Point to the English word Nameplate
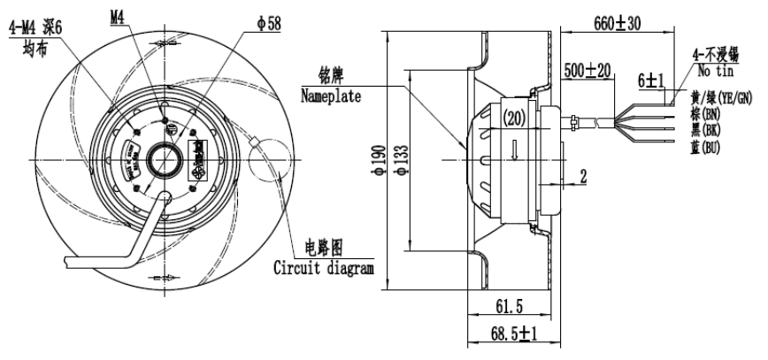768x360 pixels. (330, 95)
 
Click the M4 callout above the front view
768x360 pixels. (124, 16)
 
